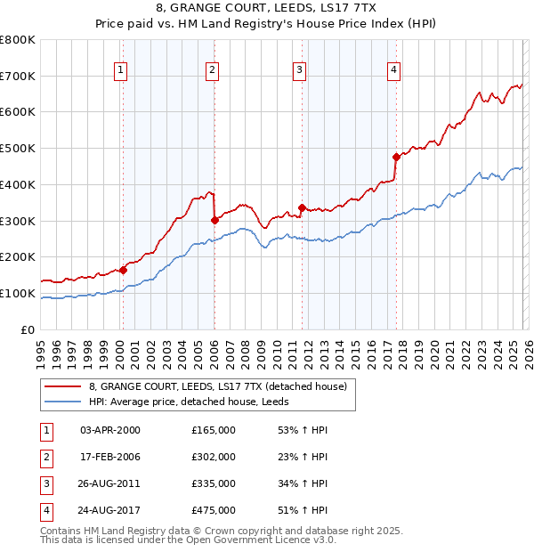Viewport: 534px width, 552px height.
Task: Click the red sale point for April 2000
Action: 123,270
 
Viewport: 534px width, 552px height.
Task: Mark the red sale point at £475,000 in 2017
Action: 396,157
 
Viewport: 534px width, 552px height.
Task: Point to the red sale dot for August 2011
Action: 302,207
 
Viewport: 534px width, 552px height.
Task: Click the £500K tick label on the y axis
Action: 18,149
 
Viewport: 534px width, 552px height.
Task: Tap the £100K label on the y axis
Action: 18,293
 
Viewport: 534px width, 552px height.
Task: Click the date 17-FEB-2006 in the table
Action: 109,457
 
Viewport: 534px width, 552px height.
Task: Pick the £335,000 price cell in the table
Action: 214,483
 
